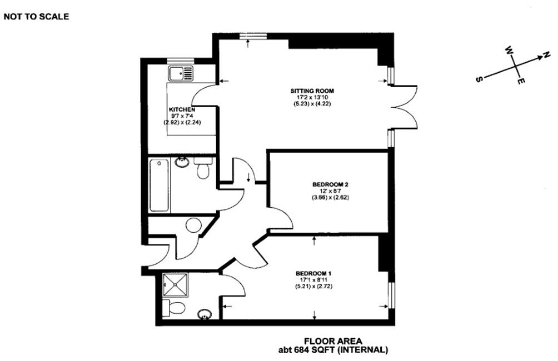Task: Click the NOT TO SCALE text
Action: point(36,16)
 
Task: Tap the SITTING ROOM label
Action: point(312,91)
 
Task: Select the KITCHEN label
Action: point(182,109)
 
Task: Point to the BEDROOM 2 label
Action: point(330,184)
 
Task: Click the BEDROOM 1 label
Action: point(313,273)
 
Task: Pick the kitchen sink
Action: point(181,73)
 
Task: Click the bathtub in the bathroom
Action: point(159,185)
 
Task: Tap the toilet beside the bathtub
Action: point(203,168)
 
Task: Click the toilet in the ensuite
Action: point(173,308)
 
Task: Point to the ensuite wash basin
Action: point(205,314)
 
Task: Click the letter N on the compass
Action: point(546,55)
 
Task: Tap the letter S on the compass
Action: point(479,79)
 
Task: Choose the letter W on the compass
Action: point(509,50)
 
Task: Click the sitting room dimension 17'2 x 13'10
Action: point(312,97)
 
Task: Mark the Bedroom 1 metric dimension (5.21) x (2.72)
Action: point(313,287)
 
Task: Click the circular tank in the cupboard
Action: point(193,225)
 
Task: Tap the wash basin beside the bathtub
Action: point(182,162)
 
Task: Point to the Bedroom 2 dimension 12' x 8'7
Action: point(330,190)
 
